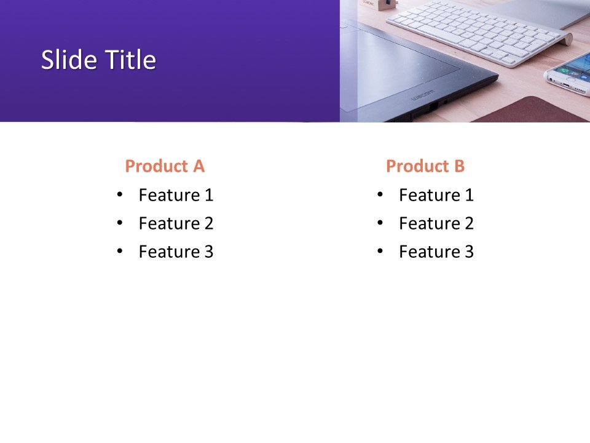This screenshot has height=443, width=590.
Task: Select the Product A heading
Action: (x=164, y=166)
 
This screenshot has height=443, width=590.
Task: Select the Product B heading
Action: (x=425, y=166)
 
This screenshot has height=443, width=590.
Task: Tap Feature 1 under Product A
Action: (x=176, y=196)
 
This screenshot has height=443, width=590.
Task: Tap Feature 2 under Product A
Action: (x=176, y=224)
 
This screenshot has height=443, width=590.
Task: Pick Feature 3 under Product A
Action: (x=176, y=252)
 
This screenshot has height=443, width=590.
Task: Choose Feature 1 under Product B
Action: (x=436, y=196)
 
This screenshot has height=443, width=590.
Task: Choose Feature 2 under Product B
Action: (x=436, y=224)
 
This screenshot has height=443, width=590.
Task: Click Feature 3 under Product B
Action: (x=436, y=252)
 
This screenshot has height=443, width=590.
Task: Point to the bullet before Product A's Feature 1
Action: (x=119, y=195)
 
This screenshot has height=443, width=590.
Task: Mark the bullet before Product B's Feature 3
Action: (x=380, y=252)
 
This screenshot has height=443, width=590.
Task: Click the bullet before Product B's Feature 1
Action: (x=380, y=195)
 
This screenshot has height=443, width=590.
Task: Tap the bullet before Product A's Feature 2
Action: (x=119, y=223)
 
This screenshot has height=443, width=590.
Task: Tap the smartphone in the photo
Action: (x=568, y=74)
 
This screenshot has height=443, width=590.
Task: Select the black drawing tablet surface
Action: (x=399, y=68)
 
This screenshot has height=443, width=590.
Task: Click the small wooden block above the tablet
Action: (x=385, y=5)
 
